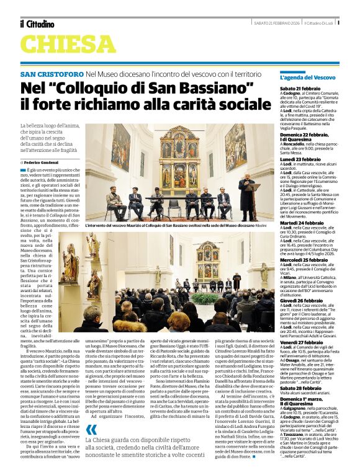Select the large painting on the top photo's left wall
pyautogui.click(x=121, y=149)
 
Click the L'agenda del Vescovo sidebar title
pyautogui.click(x=308, y=78)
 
